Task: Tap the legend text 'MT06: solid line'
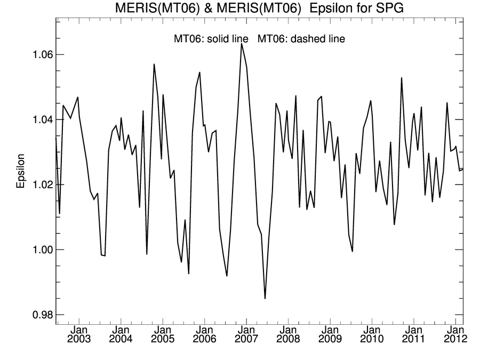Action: [x=211, y=39]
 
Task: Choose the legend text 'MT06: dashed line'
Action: [x=301, y=39]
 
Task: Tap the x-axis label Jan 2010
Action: [x=372, y=333]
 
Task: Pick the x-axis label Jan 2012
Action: [x=455, y=333]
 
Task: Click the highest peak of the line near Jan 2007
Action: [x=242, y=44]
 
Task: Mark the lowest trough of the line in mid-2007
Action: [x=265, y=299]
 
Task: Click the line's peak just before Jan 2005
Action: [x=154, y=64]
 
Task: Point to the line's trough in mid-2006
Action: [x=227, y=276]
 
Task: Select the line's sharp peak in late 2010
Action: [x=401, y=78]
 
